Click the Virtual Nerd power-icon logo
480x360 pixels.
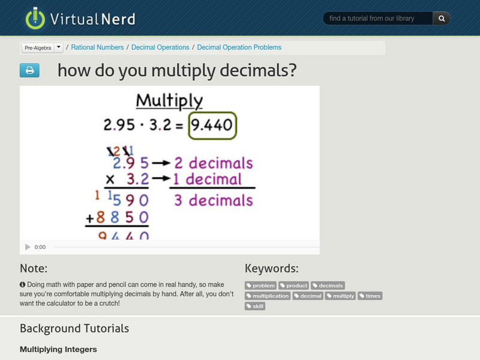35,18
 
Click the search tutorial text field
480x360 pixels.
378,19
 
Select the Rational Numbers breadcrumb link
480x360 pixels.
97,47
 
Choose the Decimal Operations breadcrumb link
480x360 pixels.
160,47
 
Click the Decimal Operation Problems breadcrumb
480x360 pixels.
239,47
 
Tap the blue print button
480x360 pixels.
29,71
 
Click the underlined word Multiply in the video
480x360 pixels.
169,100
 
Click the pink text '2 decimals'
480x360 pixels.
213,163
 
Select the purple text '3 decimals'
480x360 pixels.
213,200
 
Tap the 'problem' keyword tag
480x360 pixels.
261,286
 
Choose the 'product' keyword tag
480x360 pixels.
294,286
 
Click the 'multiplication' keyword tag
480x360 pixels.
268,296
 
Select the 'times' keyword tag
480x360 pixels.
370,296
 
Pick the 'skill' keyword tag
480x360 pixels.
255,306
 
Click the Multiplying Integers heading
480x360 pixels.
58,349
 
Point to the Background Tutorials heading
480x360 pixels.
74,328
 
